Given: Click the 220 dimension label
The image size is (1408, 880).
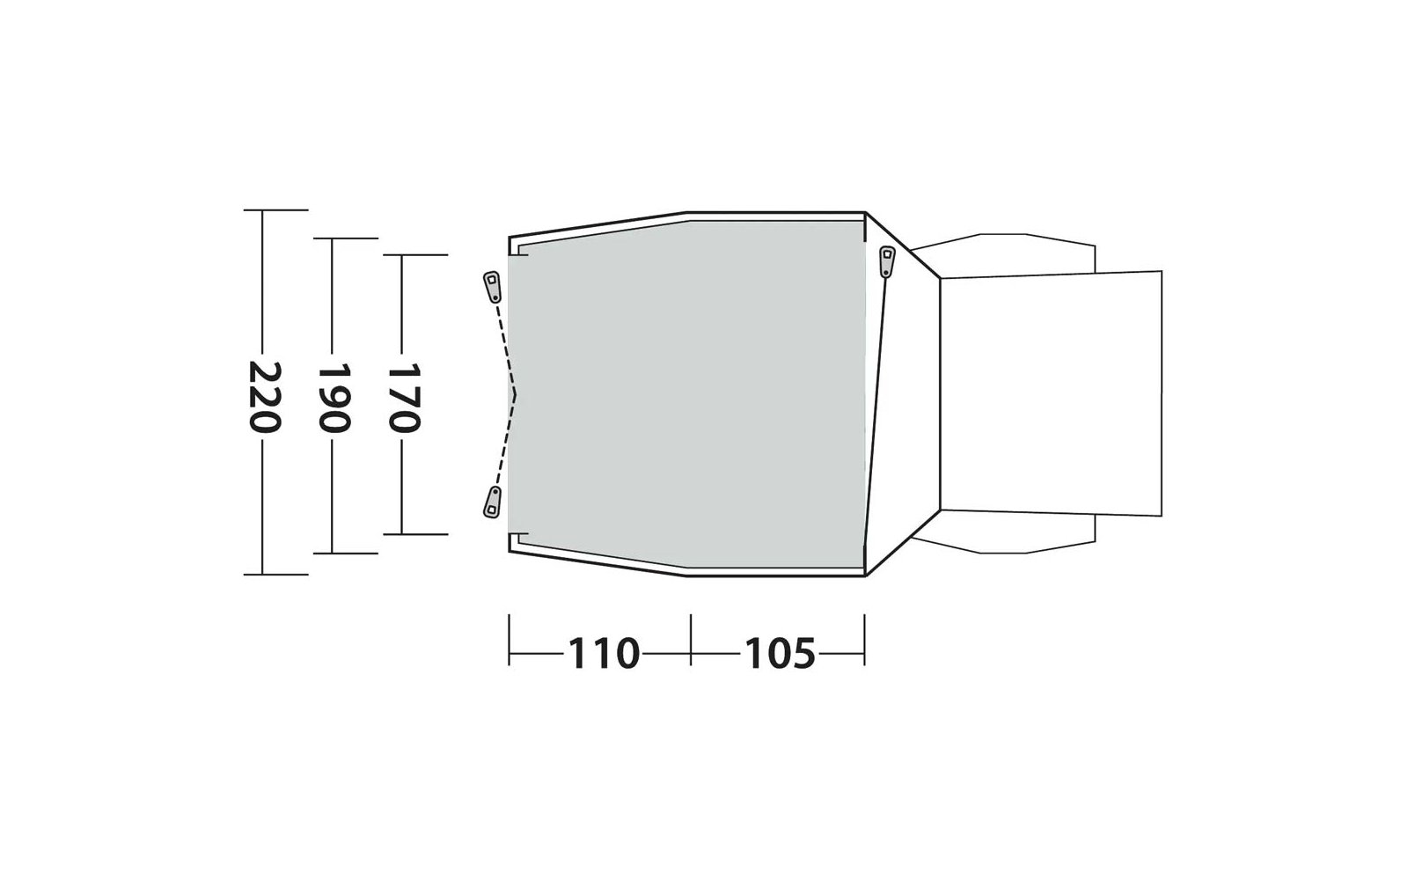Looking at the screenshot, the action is click(x=264, y=397).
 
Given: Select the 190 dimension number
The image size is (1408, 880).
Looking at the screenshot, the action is click(x=334, y=398).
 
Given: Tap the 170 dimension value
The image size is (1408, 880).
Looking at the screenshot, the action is click(x=403, y=398).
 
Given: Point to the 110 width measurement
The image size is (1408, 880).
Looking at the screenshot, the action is click(x=604, y=653).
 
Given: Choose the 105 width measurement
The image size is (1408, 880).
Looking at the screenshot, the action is click(x=780, y=653).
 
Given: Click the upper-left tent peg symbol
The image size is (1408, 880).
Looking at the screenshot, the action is click(x=492, y=287).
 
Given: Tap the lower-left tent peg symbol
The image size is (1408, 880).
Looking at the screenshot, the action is click(x=492, y=502).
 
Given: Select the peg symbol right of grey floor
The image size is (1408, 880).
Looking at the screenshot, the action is click(x=887, y=261).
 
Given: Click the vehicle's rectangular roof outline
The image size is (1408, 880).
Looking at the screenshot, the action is click(x=1051, y=393).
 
